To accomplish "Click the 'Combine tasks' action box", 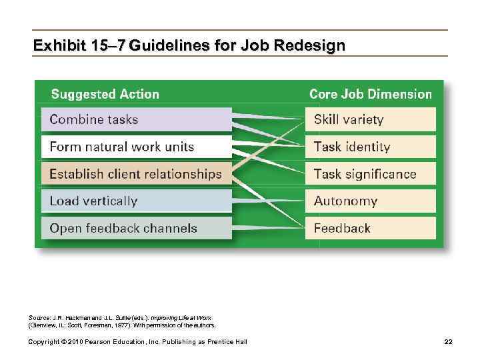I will pos(137,120).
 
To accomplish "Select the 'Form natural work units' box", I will pos(137,147).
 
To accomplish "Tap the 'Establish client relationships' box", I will pos(137,174).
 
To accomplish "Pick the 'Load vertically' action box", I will pos(137,201).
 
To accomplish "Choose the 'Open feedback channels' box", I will pos(137,228).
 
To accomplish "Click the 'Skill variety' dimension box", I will pos(370,120).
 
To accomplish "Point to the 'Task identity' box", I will pos(370,147).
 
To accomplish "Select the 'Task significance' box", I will pos(370,174).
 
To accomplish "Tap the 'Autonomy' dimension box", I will pos(370,201).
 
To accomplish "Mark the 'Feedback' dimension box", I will pos(370,228).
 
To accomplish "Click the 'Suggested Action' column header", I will pos(105,94).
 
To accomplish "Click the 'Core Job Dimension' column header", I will pos(371,94).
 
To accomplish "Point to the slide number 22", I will pos(448,342).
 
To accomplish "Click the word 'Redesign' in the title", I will pos(313,46).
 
